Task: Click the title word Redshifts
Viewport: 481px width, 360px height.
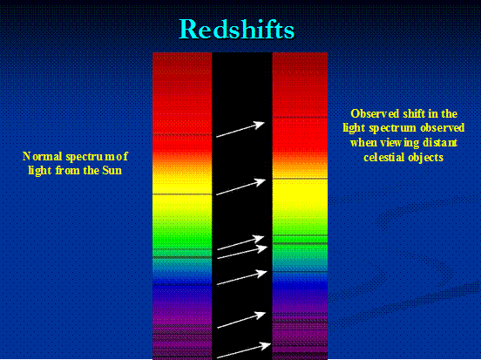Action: pos(236,29)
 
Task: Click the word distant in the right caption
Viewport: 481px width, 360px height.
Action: pos(440,142)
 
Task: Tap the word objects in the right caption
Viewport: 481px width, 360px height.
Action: pos(426,158)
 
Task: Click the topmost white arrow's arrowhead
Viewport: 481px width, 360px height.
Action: pos(260,125)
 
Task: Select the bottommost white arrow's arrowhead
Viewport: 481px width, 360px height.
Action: pos(266,346)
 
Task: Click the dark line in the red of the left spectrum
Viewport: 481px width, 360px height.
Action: pos(182,135)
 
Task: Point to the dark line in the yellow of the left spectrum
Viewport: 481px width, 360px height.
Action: pos(182,194)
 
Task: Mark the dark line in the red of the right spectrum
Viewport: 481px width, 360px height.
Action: pos(300,117)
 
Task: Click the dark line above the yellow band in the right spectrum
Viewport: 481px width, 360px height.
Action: pos(300,179)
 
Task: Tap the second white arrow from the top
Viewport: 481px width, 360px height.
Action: pos(240,187)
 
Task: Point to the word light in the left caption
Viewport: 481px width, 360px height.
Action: pos(40,171)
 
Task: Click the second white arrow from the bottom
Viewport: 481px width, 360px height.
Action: pos(240,320)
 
